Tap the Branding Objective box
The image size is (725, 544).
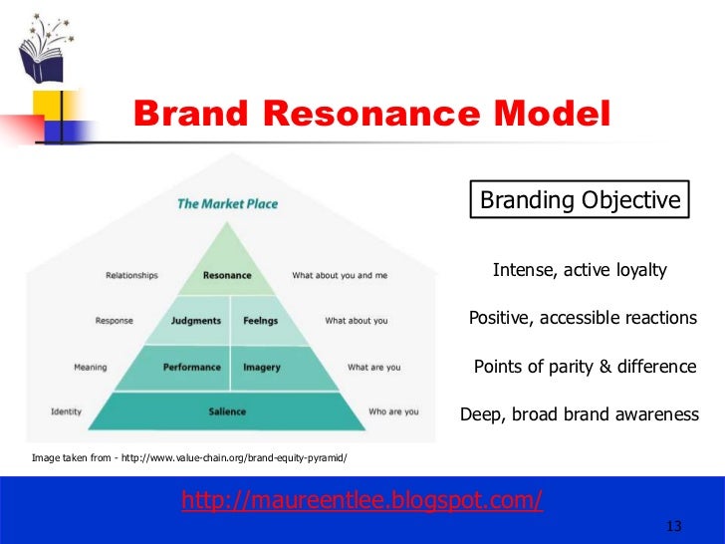[x=581, y=200]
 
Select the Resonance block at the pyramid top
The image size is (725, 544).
[x=227, y=275]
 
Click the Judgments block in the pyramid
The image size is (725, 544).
[x=196, y=321]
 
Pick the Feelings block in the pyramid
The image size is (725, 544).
[x=260, y=321]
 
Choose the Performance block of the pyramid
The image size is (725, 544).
[x=191, y=367]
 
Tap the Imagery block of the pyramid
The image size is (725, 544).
[x=262, y=367]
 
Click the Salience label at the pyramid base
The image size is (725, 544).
[x=227, y=411]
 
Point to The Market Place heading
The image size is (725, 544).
[x=227, y=203]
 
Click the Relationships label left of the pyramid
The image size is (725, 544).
[x=131, y=276]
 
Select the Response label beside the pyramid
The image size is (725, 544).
[x=115, y=321]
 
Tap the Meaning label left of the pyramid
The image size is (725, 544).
[x=91, y=367]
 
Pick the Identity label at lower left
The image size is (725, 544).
[x=67, y=411]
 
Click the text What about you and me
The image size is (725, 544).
[x=340, y=276]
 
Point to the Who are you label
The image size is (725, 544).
[x=393, y=411]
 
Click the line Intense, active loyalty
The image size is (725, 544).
[x=580, y=271]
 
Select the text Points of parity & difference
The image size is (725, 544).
[x=585, y=367]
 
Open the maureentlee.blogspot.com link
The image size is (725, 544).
[x=362, y=500]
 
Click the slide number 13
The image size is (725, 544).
[x=672, y=526]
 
